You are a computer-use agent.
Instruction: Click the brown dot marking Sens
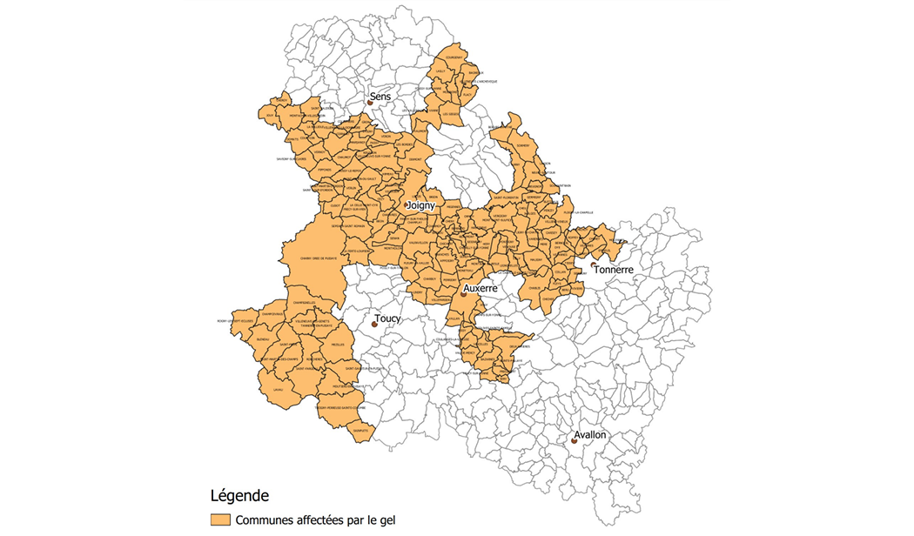pos(370,102)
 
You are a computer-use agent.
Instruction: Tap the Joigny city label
pos(421,205)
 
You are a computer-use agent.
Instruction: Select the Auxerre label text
pos(481,287)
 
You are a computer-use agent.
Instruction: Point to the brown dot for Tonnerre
pos(593,265)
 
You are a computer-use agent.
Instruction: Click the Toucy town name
pos(387,318)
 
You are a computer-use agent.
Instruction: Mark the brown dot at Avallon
pos(575,441)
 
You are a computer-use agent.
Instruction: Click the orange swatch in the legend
pos(220,519)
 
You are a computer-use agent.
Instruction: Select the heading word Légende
pos(239,496)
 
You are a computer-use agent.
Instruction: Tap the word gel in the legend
pos(386,520)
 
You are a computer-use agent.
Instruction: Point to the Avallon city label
pos(589,434)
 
